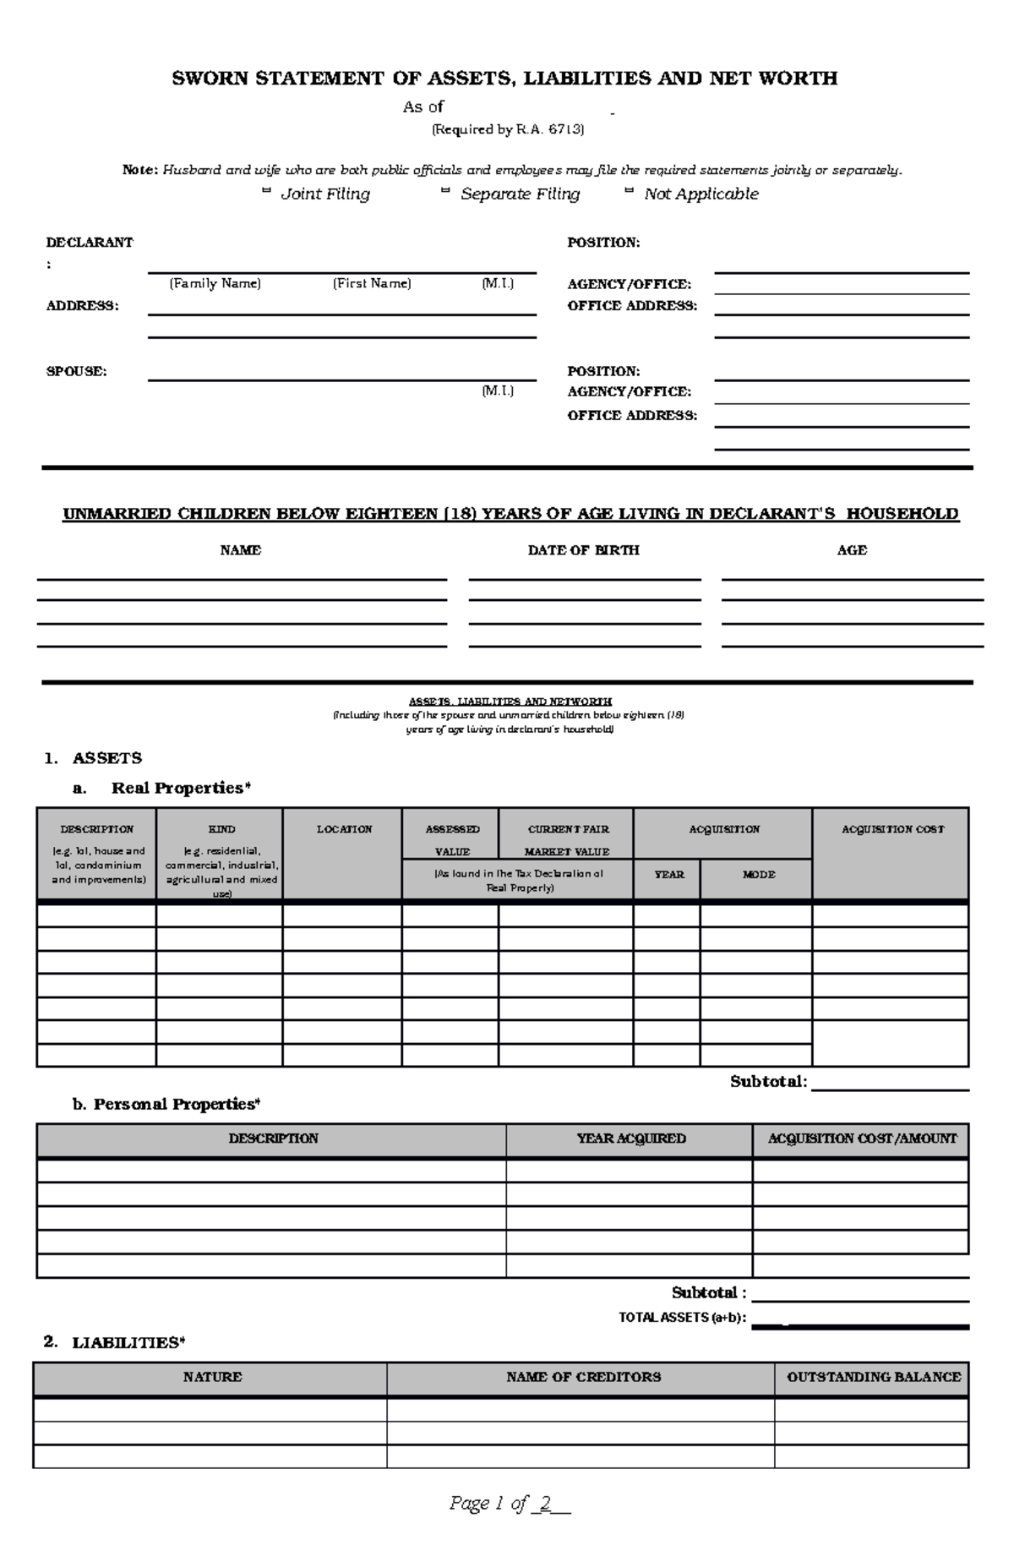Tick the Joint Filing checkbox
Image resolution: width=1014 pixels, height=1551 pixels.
[x=266, y=193]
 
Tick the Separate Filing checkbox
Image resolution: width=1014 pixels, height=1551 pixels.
[x=445, y=193]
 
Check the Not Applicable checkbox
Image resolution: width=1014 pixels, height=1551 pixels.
[x=629, y=193]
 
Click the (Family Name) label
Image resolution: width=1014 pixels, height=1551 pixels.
[x=215, y=283]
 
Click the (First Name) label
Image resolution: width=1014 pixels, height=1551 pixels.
[x=372, y=283]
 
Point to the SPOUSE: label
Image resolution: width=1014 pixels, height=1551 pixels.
[x=76, y=371]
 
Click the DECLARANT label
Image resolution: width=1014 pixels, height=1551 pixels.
[x=89, y=243]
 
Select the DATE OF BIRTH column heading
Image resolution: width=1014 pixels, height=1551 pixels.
[x=583, y=550]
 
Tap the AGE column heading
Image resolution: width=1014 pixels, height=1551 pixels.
[x=852, y=550]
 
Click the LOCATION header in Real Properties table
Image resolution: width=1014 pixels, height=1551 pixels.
[x=344, y=829]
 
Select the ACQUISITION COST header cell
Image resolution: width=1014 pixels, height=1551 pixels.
[x=892, y=829]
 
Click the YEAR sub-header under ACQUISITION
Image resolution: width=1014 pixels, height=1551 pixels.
[x=668, y=875]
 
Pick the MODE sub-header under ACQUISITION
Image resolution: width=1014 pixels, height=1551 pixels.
[x=758, y=875]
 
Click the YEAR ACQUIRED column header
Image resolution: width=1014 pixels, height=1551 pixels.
[x=630, y=1139]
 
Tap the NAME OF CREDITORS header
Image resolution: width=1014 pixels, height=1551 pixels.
[x=583, y=1377]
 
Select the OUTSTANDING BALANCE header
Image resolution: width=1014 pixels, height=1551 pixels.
[x=873, y=1377]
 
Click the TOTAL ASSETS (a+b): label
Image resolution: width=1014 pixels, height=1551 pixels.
[x=682, y=1318]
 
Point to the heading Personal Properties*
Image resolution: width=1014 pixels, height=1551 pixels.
[x=177, y=1104]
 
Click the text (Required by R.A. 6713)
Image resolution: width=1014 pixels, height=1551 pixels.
[x=508, y=129]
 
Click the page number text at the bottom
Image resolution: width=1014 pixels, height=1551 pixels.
[x=510, y=1503]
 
